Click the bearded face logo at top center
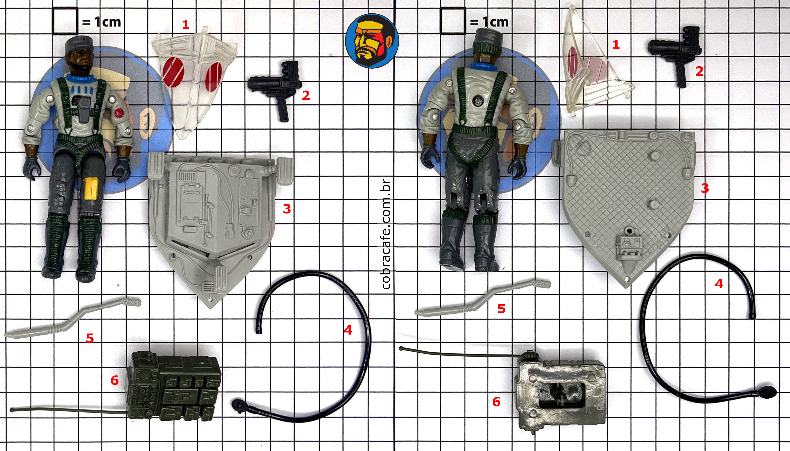click(372, 41)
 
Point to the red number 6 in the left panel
click(115, 380)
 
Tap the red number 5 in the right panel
click(501, 309)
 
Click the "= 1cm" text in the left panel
click(101, 22)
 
